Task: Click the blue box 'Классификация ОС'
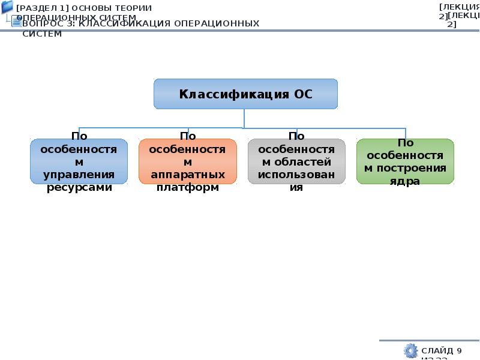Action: point(245,94)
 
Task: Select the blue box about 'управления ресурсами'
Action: point(79,161)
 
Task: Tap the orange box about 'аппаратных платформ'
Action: point(187,161)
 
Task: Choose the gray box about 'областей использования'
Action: point(296,161)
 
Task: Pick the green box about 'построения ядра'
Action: point(405,161)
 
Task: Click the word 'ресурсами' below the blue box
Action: point(79,187)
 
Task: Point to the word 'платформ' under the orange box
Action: point(187,187)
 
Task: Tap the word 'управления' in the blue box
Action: point(79,175)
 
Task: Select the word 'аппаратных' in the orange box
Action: point(187,175)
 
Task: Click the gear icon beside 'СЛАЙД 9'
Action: point(410,350)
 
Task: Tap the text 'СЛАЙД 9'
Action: point(442,350)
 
